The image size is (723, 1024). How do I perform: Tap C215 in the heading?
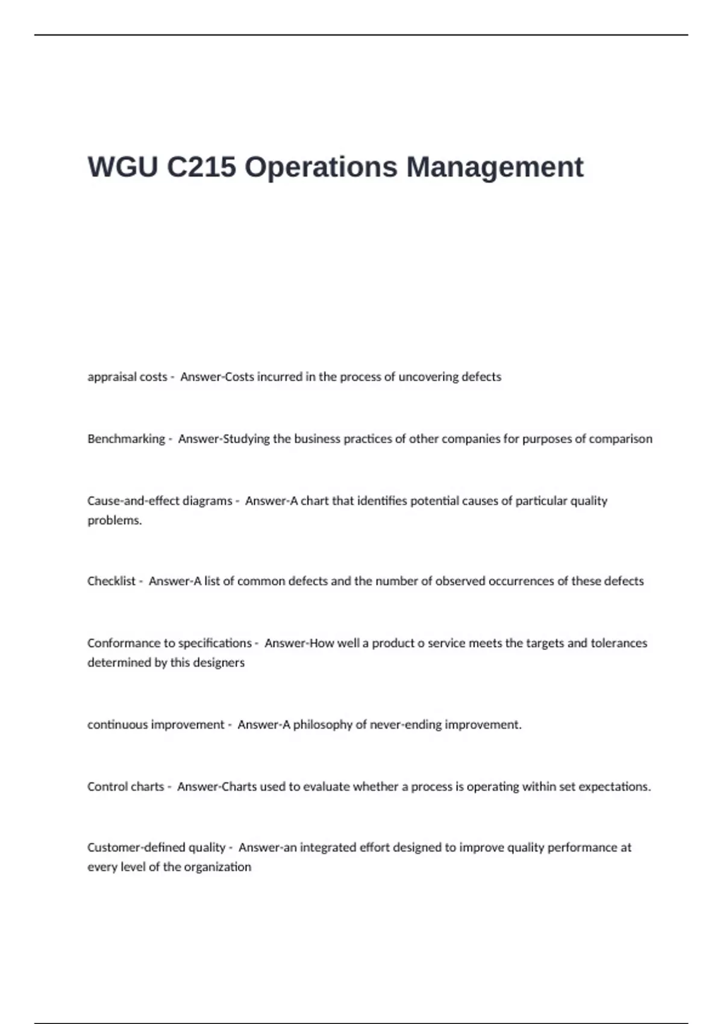(x=201, y=167)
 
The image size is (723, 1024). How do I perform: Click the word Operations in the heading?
(x=321, y=167)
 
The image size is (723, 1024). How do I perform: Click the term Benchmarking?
(x=126, y=439)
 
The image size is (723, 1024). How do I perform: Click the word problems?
(x=114, y=520)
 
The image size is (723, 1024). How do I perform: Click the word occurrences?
(x=521, y=581)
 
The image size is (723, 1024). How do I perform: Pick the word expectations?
(x=614, y=787)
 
